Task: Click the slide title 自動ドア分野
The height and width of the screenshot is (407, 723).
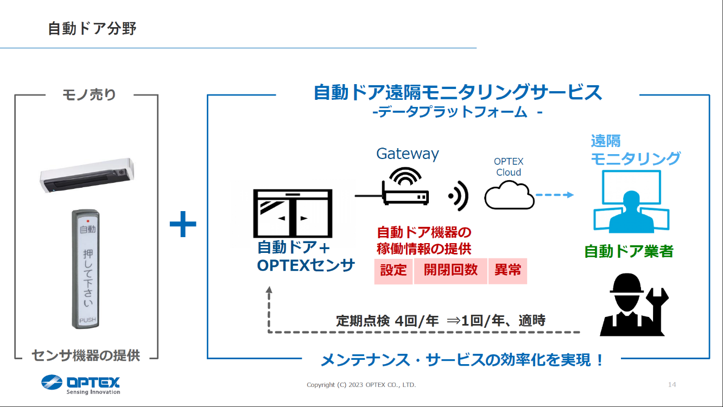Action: (92, 28)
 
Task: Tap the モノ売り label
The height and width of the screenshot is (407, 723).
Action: (89, 95)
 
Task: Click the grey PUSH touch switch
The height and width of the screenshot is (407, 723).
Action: (86, 269)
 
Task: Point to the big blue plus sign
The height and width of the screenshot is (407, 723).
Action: (183, 225)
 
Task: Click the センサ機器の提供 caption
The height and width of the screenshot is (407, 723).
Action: (86, 355)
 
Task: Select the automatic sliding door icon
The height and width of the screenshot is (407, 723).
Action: (293, 213)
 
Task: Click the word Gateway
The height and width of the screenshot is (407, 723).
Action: (408, 154)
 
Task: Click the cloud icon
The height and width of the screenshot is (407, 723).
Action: (509, 196)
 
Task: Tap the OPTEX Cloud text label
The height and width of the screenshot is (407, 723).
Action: (509, 167)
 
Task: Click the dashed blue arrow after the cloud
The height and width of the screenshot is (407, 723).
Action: (554, 195)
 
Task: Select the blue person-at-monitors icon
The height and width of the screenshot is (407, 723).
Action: (631, 202)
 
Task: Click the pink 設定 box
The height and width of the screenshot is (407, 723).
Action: (394, 270)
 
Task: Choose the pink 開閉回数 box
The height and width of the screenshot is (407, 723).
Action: (451, 270)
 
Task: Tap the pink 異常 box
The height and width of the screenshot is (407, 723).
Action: (508, 270)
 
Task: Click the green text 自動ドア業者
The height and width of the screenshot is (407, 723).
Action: (629, 251)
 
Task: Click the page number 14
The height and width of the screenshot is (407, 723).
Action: (672, 385)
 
